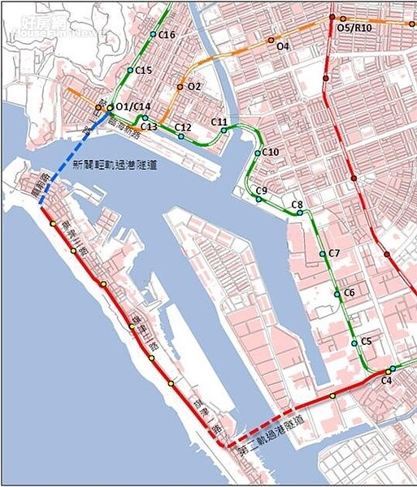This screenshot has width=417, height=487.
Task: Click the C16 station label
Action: click(167, 35)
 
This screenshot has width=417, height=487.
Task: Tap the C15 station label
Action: click(143, 71)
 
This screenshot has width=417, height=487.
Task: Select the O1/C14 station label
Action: click(133, 107)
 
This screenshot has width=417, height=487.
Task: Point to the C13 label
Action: click(149, 127)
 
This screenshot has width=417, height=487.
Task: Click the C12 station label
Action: click(183, 127)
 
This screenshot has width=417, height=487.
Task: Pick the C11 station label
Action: click(219, 122)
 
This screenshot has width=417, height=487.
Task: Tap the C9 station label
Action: click(261, 190)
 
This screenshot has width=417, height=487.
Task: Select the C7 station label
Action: click(334, 254)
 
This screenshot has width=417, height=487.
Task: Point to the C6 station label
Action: click(349, 293)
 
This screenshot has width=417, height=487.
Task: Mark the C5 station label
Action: click(366, 341)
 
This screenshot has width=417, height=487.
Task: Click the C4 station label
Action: click(386, 380)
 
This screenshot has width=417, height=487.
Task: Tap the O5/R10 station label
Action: click(354, 28)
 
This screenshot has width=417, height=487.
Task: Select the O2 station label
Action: click(193, 86)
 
